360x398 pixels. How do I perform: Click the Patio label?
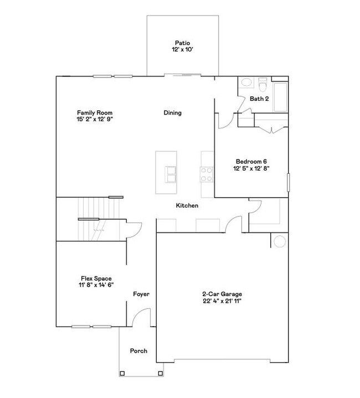coord(182,43)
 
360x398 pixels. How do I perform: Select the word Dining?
coord(172,113)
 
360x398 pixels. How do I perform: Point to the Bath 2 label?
coord(259,99)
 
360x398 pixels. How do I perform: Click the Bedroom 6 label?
coord(251,161)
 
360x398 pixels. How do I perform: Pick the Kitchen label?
coord(187,206)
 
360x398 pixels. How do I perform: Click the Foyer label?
coord(141,294)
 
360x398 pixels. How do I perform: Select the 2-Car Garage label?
coord(222,294)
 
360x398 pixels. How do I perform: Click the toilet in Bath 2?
coord(263,85)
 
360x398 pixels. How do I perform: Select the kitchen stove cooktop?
coord(207,174)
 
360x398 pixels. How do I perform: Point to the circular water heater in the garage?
coord(279,241)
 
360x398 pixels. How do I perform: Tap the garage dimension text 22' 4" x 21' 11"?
coord(222,301)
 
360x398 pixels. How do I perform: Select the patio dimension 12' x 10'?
coord(182,50)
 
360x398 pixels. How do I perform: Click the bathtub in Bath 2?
coord(280,97)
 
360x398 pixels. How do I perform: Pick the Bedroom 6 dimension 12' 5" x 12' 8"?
coord(251,169)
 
